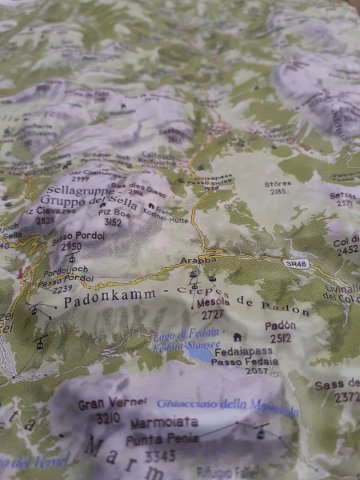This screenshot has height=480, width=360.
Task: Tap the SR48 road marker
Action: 294,262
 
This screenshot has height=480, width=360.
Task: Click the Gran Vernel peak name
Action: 112,403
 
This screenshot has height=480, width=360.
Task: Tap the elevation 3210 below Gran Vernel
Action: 108,417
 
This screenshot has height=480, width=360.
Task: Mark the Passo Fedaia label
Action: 250,361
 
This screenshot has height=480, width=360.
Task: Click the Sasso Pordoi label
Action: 73,238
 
